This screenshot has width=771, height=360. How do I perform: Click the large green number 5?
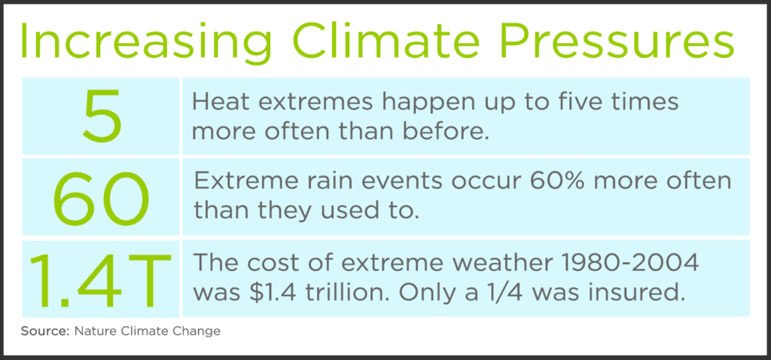pyautogui.click(x=101, y=116)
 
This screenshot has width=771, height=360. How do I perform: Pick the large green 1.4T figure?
pyautogui.click(x=101, y=279)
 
